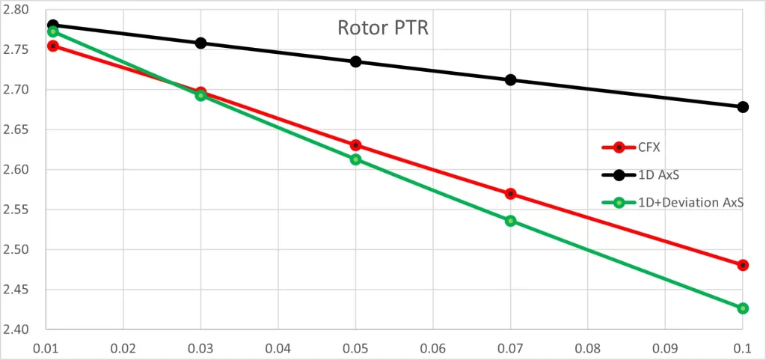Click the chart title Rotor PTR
[382, 28]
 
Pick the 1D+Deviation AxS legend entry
[672, 203]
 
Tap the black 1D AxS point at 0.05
[355, 61]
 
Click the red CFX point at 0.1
[743, 265]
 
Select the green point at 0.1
[743, 308]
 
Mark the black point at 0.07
[510, 79]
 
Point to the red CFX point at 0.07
[510, 193]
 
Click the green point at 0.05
[355, 159]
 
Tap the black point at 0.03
[200, 43]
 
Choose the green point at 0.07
[510, 221]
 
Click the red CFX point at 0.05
[355, 145]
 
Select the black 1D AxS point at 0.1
[743, 107]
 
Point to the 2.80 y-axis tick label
[16, 10]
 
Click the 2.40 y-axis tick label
[16, 330]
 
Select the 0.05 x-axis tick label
[355, 350]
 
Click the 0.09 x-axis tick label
[665, 350]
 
